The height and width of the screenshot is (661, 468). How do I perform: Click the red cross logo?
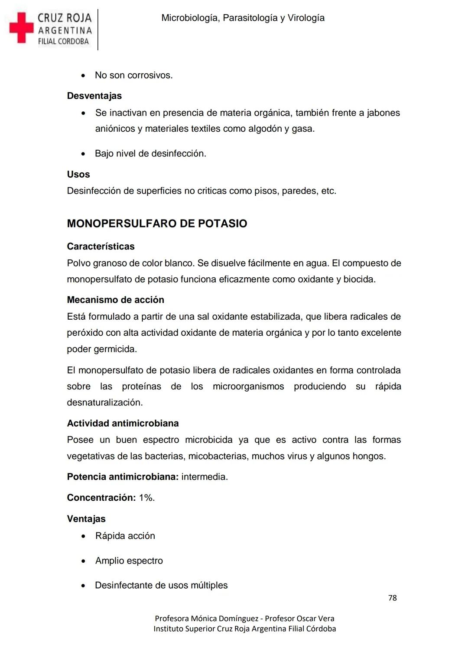pos(21,28)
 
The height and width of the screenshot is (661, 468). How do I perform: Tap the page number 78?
pos(392,598)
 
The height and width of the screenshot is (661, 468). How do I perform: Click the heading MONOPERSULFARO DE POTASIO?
pos(157,224)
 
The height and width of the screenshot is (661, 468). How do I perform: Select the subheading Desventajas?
pos(94,96)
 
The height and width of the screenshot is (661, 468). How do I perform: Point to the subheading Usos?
pos(78,174)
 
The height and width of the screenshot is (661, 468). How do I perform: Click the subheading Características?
pos(101,246)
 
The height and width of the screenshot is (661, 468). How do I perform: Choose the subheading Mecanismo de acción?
pos(115,300)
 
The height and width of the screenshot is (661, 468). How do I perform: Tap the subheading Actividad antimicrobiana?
pos(123,423)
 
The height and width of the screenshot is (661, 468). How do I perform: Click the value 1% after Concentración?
pos(146,498)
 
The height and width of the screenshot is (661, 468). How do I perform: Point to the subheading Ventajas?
pos(86,518)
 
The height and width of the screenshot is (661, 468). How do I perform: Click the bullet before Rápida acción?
pos(83,536)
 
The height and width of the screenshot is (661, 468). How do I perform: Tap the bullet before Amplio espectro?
pos(83,561)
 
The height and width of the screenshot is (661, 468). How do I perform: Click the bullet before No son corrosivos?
pos(83,76)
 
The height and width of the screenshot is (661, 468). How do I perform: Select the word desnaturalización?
pos(104,402)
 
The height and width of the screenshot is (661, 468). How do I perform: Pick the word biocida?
pos(359,279)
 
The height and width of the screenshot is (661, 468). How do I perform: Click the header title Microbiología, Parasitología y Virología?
pos(243,18)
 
